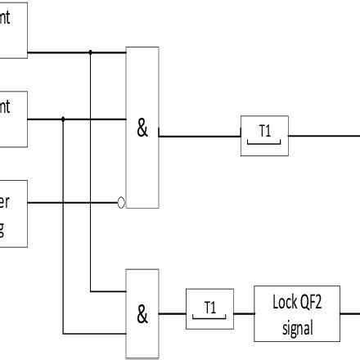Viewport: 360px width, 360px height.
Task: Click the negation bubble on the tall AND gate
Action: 122,202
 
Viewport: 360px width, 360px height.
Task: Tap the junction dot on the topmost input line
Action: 90,53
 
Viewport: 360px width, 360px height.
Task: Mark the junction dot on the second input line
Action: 63,119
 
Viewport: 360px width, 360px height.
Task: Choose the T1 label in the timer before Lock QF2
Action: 210,308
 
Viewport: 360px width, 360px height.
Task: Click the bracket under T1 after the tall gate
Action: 264,146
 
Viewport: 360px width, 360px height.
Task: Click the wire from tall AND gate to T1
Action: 200,136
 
